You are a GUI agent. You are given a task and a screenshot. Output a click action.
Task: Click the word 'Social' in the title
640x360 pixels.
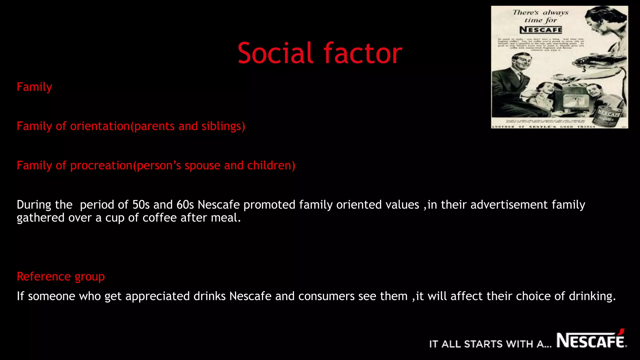[275, 53]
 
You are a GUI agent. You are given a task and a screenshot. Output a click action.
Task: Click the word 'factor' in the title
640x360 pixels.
[363, 53]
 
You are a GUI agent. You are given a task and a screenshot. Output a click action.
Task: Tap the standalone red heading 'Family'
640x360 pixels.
[34, 87]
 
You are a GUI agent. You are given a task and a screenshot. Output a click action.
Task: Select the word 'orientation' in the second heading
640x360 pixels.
[100, 126]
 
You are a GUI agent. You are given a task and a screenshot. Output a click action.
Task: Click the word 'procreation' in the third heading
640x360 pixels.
[101, 166]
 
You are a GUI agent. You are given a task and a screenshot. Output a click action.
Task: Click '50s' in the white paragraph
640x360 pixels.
[141, 205]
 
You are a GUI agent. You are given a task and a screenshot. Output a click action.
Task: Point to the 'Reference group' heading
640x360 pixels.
[61, 277]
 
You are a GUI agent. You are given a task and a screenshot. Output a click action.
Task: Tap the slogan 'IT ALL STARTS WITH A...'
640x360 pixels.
[490, 344]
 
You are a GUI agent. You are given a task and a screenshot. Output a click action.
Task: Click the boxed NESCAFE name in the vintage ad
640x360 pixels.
[541, 30]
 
